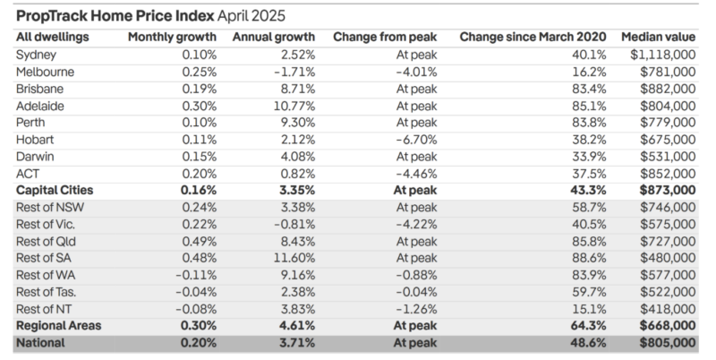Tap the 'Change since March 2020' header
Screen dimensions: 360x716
tap(534, 37)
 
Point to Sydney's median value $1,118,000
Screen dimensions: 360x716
tap(663, 54)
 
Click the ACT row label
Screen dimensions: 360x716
tap(28, 173)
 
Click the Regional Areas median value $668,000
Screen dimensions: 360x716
tap(666, 326)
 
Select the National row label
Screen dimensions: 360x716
tap(40, 343)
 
